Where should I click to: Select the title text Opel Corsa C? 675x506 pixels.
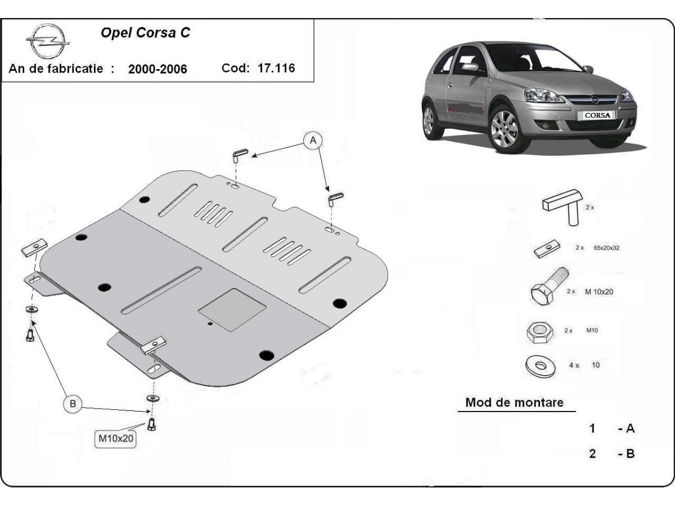(145, 33)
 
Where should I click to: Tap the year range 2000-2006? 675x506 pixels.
(157, 69)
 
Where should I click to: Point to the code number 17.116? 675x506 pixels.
(276, 68)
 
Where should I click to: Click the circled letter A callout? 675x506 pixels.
(313, 141)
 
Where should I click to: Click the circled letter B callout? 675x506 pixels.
(72, 403)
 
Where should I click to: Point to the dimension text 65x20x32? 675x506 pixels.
(606, 247)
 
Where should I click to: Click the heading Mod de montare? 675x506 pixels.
(514, 403)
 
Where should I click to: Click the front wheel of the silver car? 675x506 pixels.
(504, 129)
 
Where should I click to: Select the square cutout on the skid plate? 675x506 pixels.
(232, 310)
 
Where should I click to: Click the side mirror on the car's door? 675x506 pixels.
(471, 67)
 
